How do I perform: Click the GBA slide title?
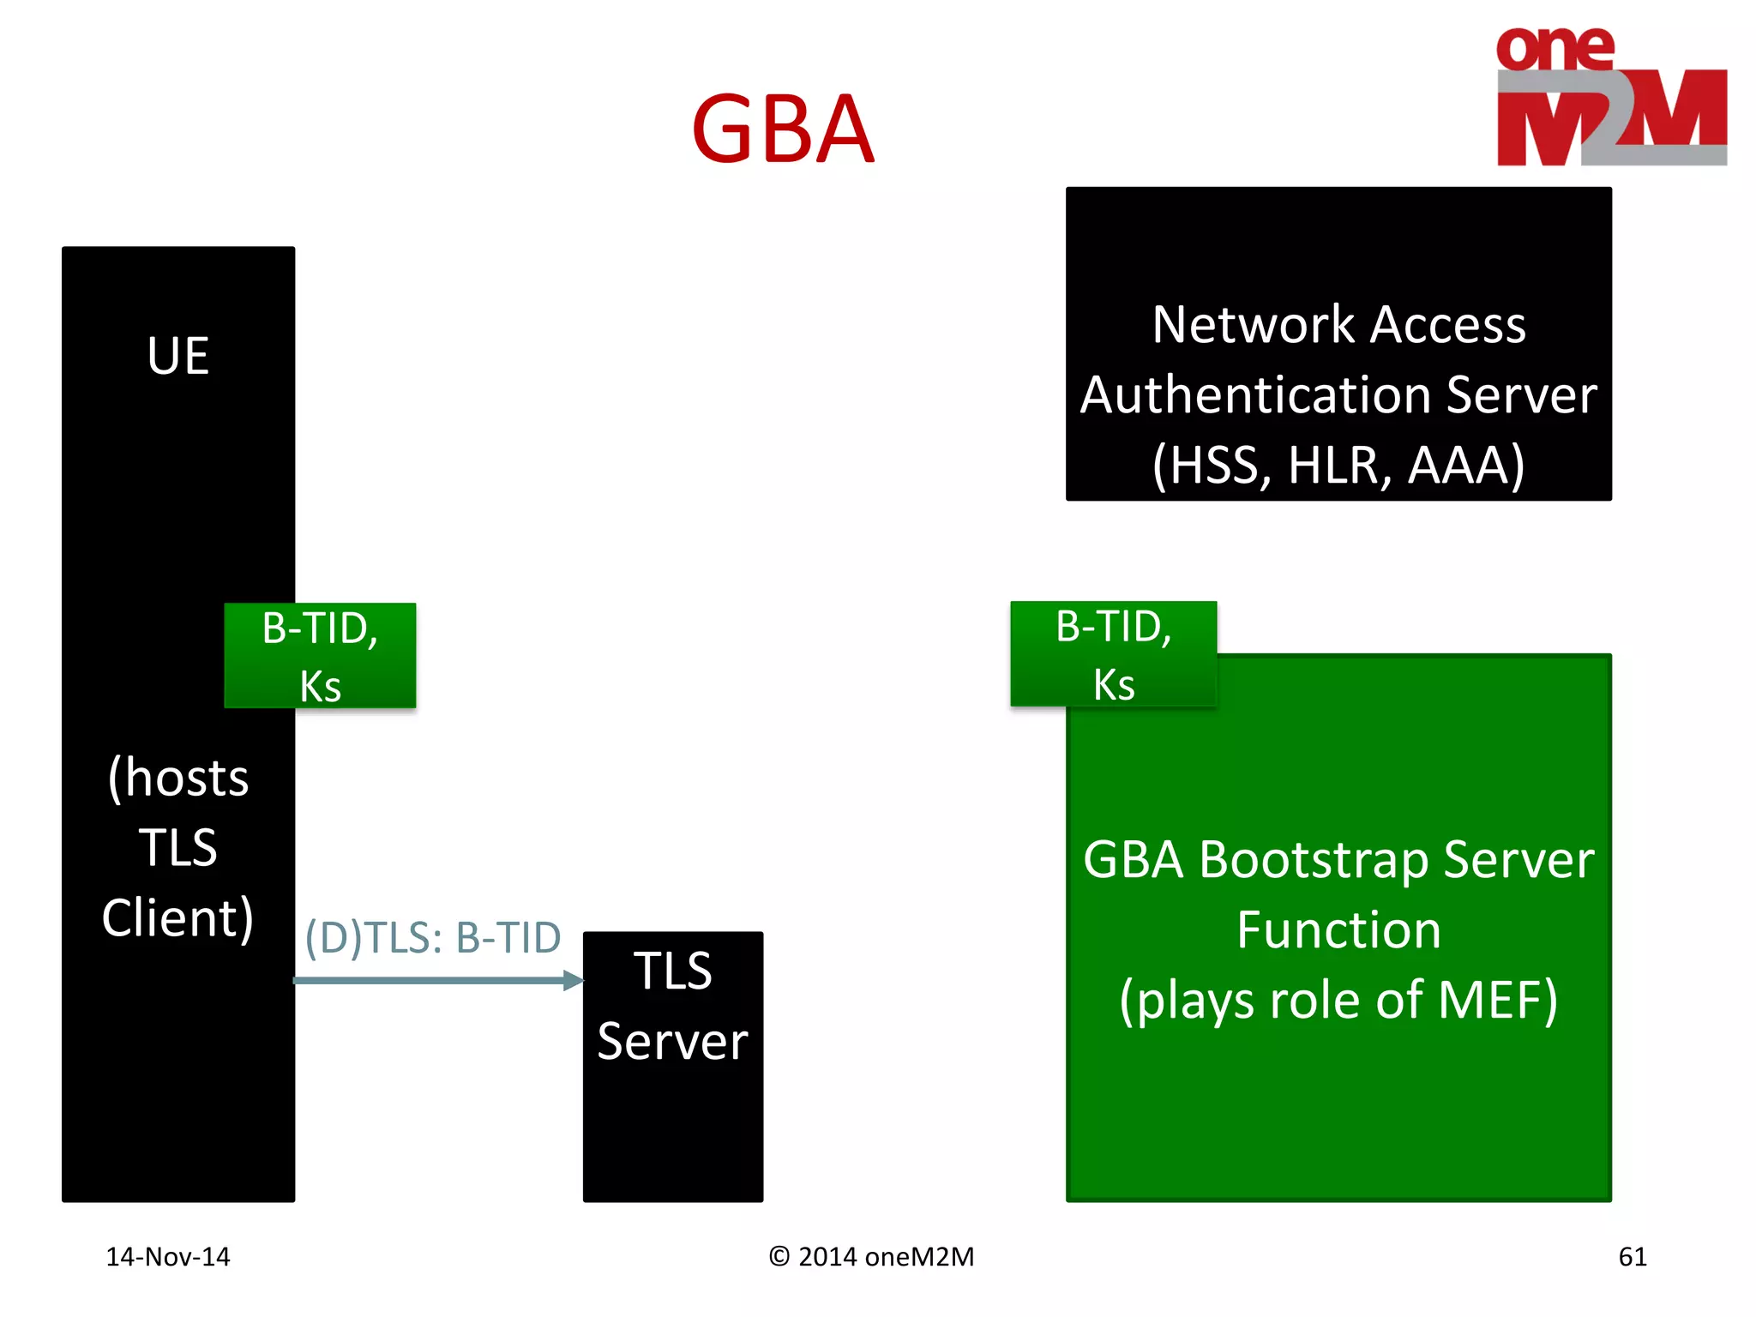(x=782, y=129)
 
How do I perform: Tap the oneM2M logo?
(x=1610, y=97)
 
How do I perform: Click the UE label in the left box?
(x=177, y=355)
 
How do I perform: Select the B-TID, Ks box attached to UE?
(x=320, y=656)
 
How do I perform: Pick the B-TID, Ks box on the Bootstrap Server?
(x=1113, y=654)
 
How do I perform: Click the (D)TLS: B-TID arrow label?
(x=433, y=937)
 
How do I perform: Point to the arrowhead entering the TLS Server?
(x=574, y=980)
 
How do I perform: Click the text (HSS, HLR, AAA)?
(x=1338, y=465)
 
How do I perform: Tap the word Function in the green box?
(x=1338, y=930)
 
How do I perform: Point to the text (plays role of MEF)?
(x=1338, y=1001)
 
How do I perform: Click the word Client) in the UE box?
(x=177, y=918)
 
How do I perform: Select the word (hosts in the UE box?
(x=177, y=779)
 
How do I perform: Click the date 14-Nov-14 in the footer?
(x=168, y=1256)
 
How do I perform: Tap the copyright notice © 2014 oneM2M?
(x=871, y=1256)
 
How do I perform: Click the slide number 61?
(x=1632, y=1256)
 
